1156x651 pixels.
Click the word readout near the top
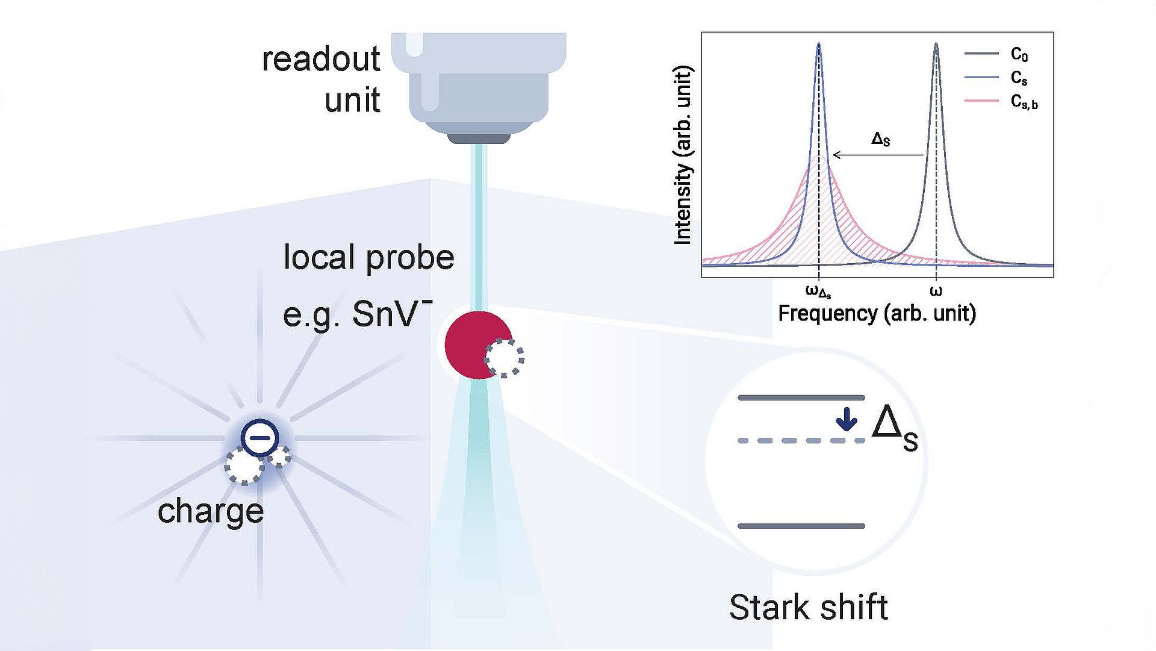320,59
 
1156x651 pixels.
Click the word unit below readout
352,99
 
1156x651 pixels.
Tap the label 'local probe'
368,258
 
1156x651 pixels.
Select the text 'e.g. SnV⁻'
358,313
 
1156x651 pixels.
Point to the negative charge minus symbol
260,437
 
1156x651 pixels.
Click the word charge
211,512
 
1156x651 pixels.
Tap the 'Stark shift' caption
809,607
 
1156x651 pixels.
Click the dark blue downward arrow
847,419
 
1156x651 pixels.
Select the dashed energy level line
801,441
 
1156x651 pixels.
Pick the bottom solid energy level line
801,526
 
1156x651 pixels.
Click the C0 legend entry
996,54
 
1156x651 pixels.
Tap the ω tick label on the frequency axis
936,291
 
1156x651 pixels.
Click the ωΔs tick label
818,292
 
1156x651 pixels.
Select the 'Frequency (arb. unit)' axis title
877,314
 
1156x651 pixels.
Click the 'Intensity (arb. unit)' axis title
683,155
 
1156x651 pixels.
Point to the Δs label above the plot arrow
880,139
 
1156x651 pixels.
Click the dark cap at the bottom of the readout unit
479,138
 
